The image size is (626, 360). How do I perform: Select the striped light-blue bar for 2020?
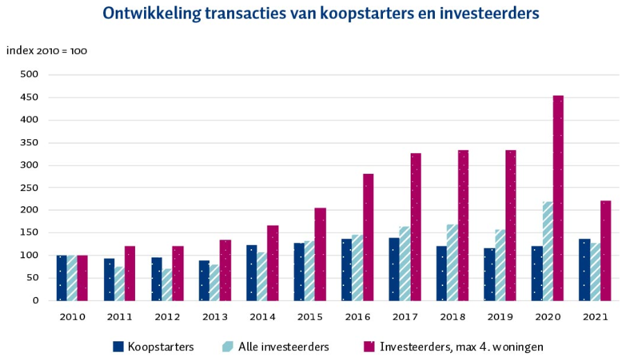click(548, 251)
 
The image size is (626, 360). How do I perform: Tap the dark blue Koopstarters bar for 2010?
click(62, 278)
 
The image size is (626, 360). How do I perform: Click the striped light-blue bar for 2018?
click(453, 262)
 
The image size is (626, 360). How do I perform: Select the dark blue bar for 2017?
click(394, 269)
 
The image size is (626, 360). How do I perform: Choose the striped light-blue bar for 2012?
click(168, 285)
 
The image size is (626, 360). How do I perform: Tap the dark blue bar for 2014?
click(252, 273)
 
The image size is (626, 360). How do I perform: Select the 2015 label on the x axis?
click(310, 318)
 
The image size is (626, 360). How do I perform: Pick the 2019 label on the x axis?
click(500, 318)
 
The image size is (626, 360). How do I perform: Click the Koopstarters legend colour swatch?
click(117, 346)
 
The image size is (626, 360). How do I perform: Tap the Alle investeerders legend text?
click(283, 346)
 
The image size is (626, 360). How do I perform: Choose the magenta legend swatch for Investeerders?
click(368, 346)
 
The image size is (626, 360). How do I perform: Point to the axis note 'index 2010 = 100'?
click(46, 51)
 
